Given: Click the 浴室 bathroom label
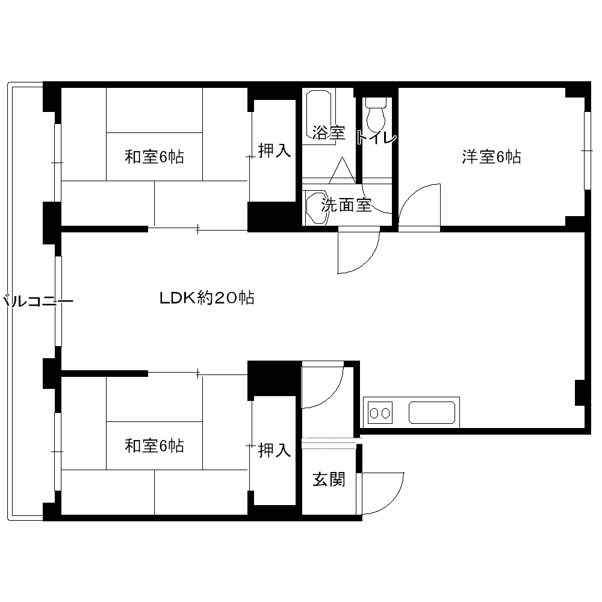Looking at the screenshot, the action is (329, 133).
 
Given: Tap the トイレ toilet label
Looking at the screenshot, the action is (377, 137).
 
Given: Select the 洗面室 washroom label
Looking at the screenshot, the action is (346, 205).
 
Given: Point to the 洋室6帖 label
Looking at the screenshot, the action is (491, 157).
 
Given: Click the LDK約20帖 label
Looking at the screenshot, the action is (207, 297).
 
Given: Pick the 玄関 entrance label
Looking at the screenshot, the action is (329, 480).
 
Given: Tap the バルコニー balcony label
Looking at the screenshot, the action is (37, 301).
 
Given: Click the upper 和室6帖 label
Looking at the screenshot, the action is (154, 157).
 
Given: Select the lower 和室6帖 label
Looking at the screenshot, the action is (154, 446).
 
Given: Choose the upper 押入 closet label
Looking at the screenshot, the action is (275, 150).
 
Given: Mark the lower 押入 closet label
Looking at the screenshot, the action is (275, 450).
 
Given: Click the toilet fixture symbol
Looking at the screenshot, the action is (376, 114).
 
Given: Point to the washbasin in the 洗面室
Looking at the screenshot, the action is (317, 207).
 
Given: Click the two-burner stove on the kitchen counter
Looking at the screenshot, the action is (380, 413).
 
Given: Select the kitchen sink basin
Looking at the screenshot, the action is (432, 413).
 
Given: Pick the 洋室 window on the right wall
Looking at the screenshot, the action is (587, 150).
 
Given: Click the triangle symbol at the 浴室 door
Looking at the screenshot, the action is (342, 170).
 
